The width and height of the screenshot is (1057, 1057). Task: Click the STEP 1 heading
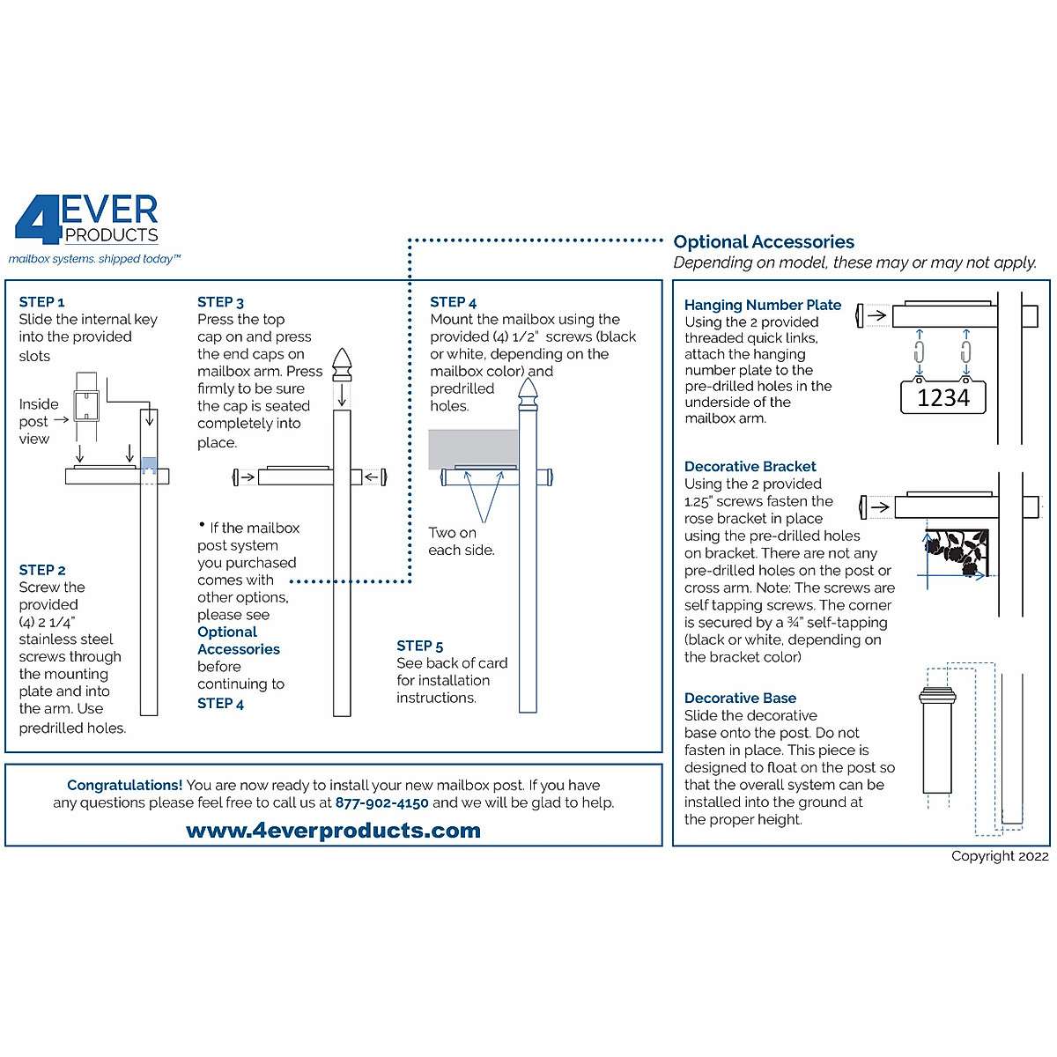(x=41, y=302)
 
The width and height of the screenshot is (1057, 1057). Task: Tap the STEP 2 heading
(x=42, y=570)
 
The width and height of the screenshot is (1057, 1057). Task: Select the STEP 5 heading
(x=420, y=646)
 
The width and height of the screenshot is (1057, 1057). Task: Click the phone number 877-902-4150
(x=381, y=803)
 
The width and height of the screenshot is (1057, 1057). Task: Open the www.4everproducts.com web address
(x=333, y=831)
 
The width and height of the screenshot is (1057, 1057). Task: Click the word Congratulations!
(x=124, y=785)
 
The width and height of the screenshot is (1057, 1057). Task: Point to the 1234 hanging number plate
(x=942, y=398)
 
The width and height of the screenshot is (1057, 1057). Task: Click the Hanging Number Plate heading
(x=762, y=305)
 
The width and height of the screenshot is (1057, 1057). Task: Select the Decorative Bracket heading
(x=750, y=466)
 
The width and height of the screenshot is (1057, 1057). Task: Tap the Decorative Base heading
(x=740, y=698)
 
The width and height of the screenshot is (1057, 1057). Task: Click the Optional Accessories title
(x=764, y=241)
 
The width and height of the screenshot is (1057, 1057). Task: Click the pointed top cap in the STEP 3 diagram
(x=342, y=364)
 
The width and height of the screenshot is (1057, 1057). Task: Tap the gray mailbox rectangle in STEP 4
(x=472, y=448)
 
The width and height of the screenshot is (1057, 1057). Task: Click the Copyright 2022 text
(x=1000, y=856)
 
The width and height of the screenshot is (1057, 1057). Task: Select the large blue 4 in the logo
(x=37, y=220)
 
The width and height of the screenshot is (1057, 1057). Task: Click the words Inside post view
(x=38, y=421)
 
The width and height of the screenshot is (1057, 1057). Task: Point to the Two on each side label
(x=461, y=541)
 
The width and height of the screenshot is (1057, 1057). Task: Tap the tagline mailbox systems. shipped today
(x=94, y=259)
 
